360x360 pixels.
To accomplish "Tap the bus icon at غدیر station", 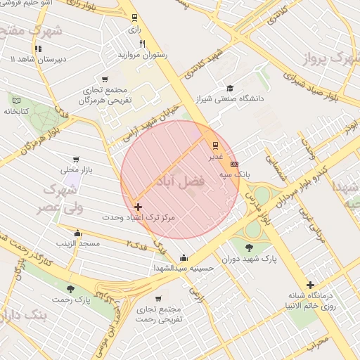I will click(215, 145).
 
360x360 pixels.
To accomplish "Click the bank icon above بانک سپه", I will click(234, 162).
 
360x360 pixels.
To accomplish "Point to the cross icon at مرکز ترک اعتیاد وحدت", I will click(138, 207).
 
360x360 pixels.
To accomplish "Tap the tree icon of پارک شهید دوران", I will click(249, 247).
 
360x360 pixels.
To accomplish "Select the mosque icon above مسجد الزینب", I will click(77, 233).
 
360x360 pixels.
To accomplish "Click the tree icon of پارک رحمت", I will click(70, 288).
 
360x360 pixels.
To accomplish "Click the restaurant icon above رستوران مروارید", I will click(143, 44).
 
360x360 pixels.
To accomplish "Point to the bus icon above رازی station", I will click(134, 19).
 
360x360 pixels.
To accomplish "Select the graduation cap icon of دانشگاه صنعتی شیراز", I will click(229, 87).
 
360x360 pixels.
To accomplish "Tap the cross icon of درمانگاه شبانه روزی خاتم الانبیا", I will click(310, 285).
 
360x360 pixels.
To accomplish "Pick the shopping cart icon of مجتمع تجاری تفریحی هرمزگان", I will click(105, 79).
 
